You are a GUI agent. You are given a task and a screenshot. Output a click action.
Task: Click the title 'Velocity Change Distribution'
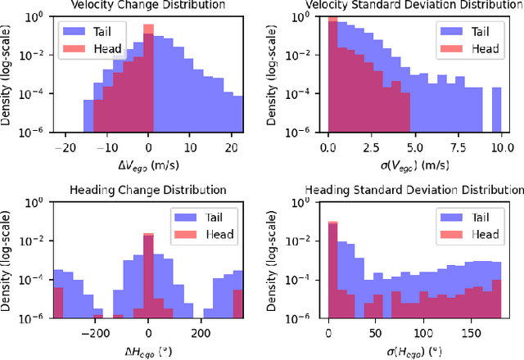(x=147, y=6)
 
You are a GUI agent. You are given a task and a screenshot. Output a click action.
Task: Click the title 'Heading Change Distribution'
(x=147, y=190)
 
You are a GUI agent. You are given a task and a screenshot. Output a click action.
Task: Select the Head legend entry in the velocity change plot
(x=108, y=48)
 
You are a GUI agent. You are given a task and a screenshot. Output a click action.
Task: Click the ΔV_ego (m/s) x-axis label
(x=147, y=164)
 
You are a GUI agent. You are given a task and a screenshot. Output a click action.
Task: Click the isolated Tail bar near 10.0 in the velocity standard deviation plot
(x=496, y=110)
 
